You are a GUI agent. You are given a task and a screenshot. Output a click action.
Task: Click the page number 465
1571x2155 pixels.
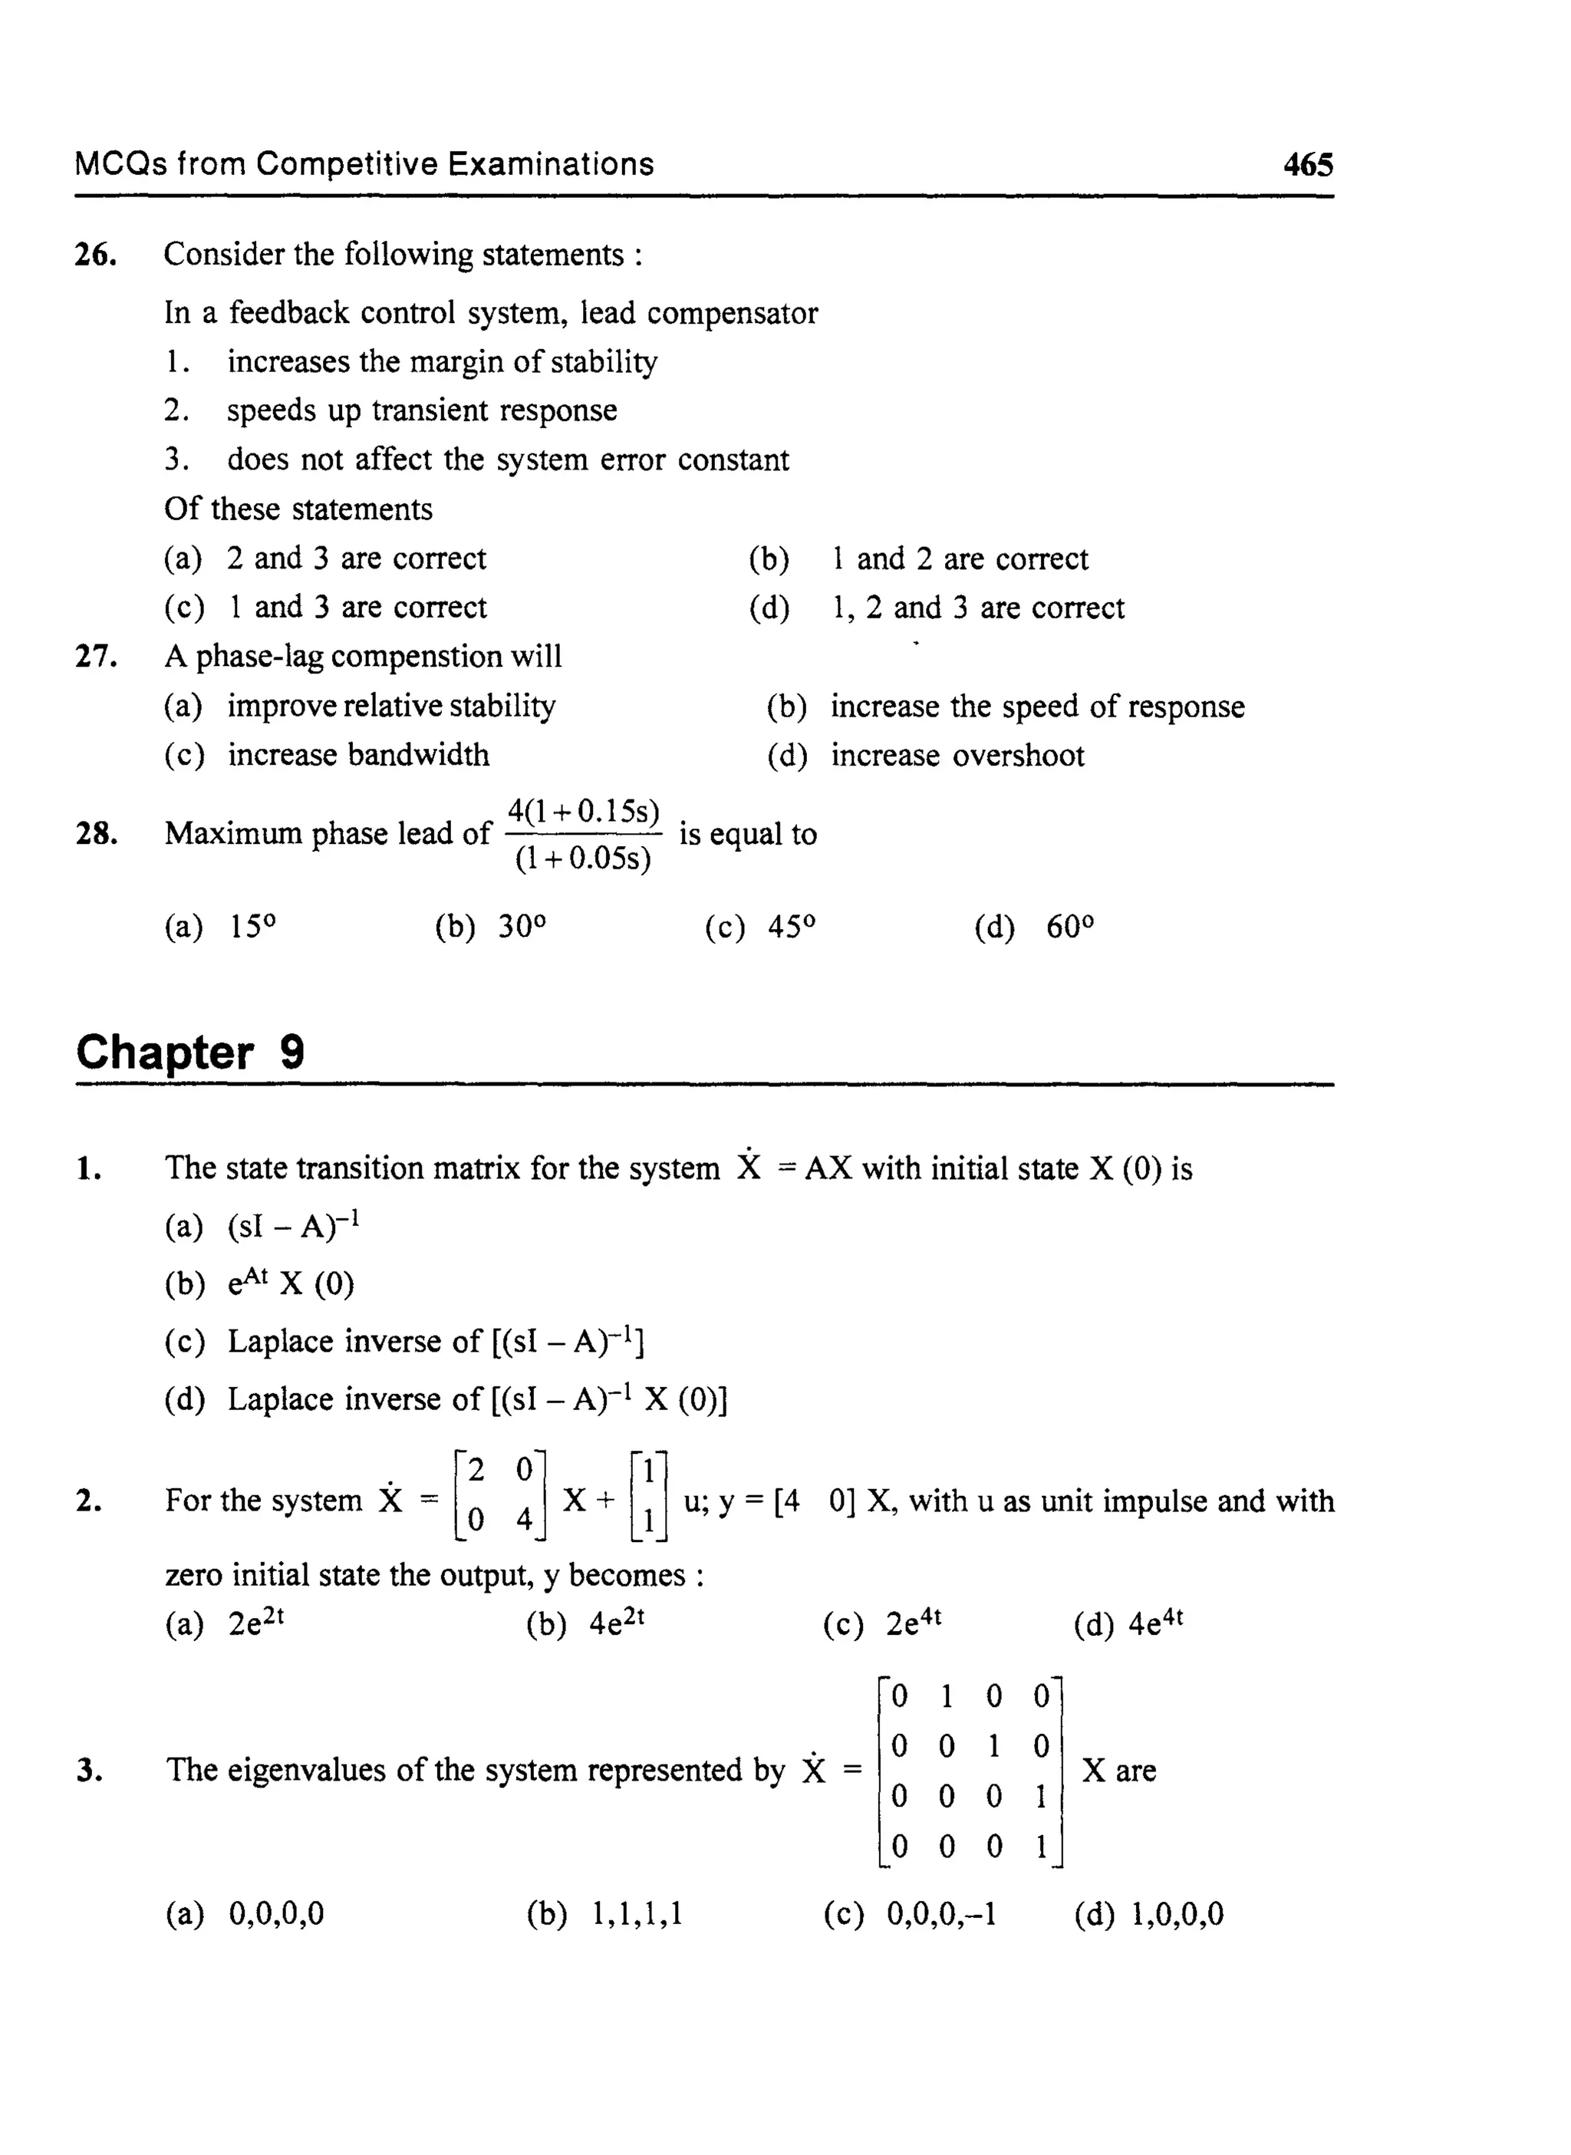click(x=1308, y=164)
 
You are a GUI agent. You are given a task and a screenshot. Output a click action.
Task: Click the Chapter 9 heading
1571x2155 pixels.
click(x=190, y=1053)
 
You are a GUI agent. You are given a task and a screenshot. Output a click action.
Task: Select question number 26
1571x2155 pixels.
click(x=96, y=255)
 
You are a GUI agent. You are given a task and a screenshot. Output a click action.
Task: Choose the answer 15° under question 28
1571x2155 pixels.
click(x=253, y=926)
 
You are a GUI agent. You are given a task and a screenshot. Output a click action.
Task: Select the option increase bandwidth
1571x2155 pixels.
click(x=357, y=755)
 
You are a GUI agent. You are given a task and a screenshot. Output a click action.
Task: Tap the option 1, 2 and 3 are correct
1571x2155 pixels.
click(x=977, y=608)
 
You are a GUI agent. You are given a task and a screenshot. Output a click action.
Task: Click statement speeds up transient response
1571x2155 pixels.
click(x=421, y=411)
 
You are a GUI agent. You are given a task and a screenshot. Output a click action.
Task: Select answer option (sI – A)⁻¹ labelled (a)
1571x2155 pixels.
click(x=293, y=1226)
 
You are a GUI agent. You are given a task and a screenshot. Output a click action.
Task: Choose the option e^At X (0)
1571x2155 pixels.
click(x=290, y=1283)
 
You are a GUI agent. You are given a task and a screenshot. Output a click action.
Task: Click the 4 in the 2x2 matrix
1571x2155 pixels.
click(x=524, y=1520)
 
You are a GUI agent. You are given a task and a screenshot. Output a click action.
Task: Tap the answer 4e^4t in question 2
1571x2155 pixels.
click(x=1155, y=1623)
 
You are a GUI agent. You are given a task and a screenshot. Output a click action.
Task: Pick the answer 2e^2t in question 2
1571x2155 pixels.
click(x=255, y=1623)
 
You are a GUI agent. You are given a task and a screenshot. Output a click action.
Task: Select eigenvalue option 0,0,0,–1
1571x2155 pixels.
click(x=941, y=1913)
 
